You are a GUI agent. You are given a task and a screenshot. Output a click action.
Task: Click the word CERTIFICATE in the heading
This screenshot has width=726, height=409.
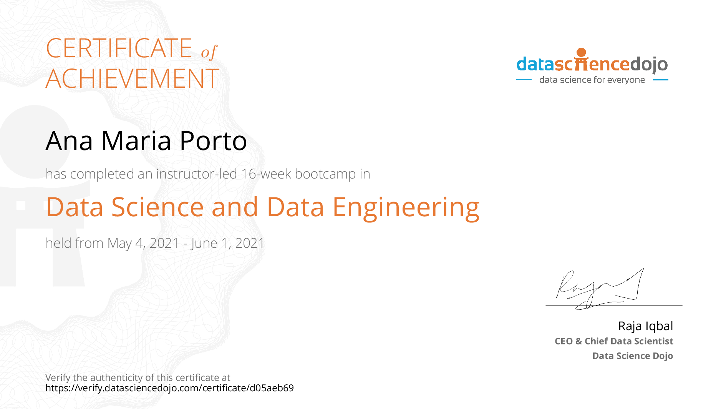pyautogui.click(x=119, y=48)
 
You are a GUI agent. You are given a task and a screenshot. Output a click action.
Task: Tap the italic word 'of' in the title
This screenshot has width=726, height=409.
pyautogui.click(x=209, y=52)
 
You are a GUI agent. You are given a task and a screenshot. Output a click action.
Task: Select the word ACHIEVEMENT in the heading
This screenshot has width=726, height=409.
pyautogui.click(x=133, y=78)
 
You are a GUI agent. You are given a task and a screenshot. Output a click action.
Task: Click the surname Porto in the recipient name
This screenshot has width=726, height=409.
pyautogui.click(x=213, y=141)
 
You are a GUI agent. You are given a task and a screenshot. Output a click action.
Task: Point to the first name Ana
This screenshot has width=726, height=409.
pyautogui.click(x=69, y=141)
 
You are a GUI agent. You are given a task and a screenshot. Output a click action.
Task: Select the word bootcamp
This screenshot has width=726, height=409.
pyautogui.click(x=325, y=174)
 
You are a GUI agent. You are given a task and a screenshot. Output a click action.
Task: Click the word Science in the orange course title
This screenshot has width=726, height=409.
pyautogui.click(x=157, y=207)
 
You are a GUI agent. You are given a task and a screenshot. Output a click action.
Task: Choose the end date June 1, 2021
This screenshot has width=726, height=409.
pyautogui.click(x=227, y=244)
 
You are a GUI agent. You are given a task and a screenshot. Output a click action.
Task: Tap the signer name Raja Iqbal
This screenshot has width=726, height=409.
pyautogui.click(x=645, y=326)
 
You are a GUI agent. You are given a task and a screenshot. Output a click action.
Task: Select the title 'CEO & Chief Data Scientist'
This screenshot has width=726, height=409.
pyautogui.click(x=614, y=341)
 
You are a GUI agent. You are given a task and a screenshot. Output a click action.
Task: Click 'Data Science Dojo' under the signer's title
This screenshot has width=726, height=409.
pyautogui.click(x=633, y=356)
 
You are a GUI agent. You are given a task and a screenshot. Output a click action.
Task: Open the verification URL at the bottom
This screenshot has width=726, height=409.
pyautogui.click(x=169, y=388)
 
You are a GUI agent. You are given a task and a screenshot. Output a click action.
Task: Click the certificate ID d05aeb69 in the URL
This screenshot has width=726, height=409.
pyautogui.click(x=272, y=388)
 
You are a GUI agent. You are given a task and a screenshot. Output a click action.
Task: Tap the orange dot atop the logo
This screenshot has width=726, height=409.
pyautogui.click(x=582, y=52)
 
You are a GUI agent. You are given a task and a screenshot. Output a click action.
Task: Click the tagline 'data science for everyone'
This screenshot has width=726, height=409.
pyautogui.click(x=592, y=80)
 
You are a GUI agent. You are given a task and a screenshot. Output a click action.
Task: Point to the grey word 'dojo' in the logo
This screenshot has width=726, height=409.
pyautogui.click(x=649, y=65)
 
